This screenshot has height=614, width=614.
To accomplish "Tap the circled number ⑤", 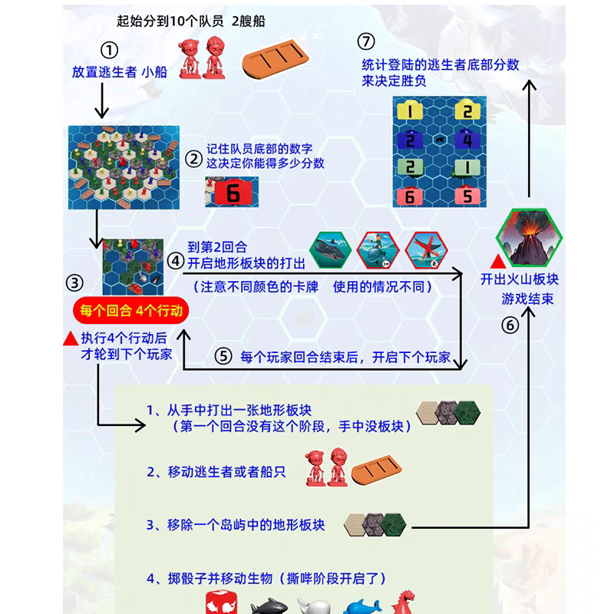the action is [222, 356].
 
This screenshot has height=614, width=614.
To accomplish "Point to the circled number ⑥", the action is [510, 325].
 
